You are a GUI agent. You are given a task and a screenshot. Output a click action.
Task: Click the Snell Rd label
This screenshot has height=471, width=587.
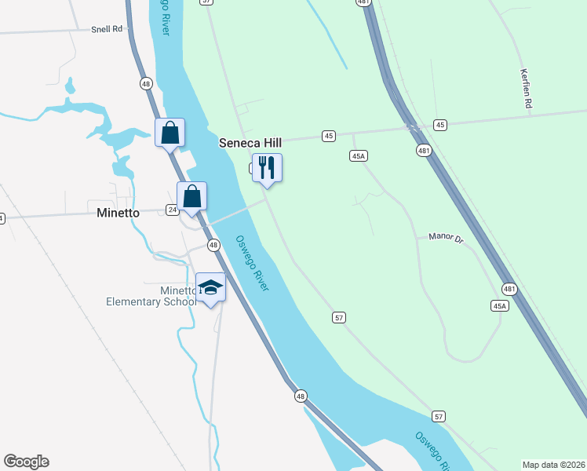point(108,29)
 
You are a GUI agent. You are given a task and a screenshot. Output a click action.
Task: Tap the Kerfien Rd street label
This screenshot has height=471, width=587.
point(526,87)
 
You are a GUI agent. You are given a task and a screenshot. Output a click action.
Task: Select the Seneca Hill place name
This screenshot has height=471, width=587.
point(250,144)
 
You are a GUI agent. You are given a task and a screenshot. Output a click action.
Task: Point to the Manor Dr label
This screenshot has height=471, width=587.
point(447,236)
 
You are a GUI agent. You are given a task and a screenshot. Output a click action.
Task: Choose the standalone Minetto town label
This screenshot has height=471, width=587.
point(118,213)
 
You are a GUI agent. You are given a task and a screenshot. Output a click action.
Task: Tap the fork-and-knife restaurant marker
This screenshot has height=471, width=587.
point(267,168)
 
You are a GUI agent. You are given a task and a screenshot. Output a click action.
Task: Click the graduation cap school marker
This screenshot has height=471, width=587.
point(210,287)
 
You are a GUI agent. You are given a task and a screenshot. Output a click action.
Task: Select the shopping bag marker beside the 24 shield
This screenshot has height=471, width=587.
point(191,197)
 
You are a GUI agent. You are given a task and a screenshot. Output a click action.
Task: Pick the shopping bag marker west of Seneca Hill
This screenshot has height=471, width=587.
point(170,133)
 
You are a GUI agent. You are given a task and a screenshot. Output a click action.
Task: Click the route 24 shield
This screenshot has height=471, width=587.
point(172,210)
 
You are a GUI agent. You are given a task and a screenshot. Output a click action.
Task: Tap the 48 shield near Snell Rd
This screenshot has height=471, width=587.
point(146,83)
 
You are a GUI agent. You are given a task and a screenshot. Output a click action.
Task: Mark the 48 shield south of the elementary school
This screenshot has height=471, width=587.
point(301,396)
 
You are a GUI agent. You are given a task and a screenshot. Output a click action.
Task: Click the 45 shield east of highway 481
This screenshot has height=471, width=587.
point(440,125)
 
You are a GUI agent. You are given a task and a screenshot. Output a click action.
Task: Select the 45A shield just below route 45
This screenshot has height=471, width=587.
point(358,156)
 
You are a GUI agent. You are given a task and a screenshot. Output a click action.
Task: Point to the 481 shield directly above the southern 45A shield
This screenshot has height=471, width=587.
point(509,289)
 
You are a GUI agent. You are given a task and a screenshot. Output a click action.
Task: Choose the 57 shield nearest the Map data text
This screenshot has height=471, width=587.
point(439,415)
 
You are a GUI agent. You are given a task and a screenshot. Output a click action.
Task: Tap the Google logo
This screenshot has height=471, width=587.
point(26,462)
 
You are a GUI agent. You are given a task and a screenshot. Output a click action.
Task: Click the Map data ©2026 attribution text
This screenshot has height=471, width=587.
point(554,464)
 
